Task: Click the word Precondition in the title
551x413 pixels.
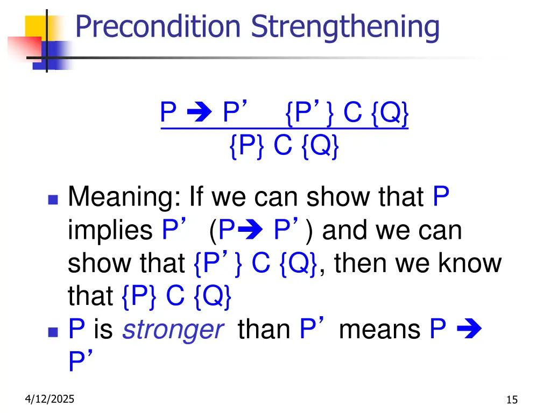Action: pyautogui.click(x=158, y=26)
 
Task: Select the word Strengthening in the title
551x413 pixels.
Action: pyautogui.click(x=345, y=27)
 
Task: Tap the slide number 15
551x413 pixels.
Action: pyautogui.click(x=512, y=400)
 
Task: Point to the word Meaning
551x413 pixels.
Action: pyautogui.click(x=125, y=198)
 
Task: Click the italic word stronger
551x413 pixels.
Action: pyautogui.click(x=172, y=329)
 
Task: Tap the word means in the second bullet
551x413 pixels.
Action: pyautogui.click(x=380, y=329)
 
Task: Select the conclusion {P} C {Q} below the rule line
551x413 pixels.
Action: pyautogui.click(x=284, y=146)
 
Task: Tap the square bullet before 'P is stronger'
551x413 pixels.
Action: pyautogui.click(x=52, y=331)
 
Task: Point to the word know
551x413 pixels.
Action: pyautogui.click(x=470, y=264)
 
